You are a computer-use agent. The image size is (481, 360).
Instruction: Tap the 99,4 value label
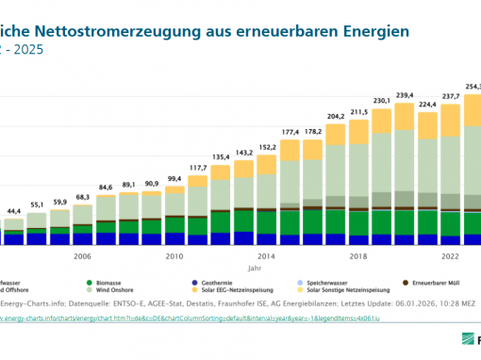pos(175,178)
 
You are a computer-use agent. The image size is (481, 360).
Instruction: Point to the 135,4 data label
pos(222,157)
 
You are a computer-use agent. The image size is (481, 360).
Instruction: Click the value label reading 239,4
pos(406,95)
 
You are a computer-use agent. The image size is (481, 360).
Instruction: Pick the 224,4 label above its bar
pos(428,105)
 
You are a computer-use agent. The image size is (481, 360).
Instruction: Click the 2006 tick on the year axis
pos(83,255)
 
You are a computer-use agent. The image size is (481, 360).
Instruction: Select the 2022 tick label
pos(451,255)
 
